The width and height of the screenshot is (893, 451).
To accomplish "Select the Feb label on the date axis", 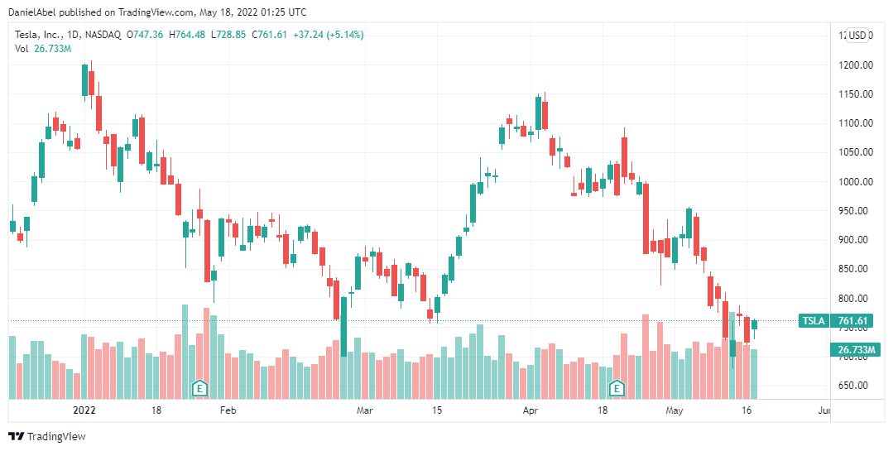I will click(x=228, y=410).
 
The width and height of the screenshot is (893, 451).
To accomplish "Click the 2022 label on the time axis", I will click(x=85, y=410).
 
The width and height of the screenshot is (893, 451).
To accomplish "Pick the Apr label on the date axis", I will click(x=530, y=410).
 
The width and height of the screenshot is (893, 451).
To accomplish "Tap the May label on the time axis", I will click(x=675, y=410).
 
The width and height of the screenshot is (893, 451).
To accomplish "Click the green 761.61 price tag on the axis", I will click(x=852, y=321).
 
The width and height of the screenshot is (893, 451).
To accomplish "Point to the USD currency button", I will click(x=857, y=35).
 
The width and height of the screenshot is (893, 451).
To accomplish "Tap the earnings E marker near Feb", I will click(x=199, y=387).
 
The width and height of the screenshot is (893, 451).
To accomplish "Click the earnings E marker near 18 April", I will click(x=616, y=387).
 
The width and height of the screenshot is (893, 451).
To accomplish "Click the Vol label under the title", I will click(x=22, y=48).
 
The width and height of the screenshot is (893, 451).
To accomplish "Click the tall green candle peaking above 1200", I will click(x=85, y=79).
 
